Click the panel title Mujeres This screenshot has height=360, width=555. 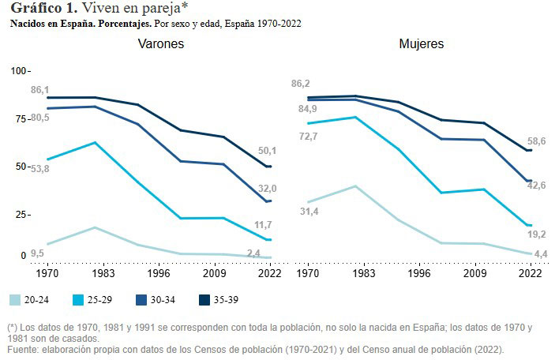coord(421,44)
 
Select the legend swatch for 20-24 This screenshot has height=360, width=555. coord(15,300)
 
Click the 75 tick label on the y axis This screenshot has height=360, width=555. coord(19,118)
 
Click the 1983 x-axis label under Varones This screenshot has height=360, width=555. coord(96,274)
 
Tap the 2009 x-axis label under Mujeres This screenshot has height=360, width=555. coord(474,274)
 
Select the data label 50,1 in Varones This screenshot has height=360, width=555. coord(267,150)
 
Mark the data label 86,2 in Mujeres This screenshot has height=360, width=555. coord(300,84)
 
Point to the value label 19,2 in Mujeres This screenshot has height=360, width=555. coord(537,234)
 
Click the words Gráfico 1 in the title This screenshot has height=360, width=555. coord(41,9)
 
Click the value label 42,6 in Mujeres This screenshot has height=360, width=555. coord(537,185)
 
